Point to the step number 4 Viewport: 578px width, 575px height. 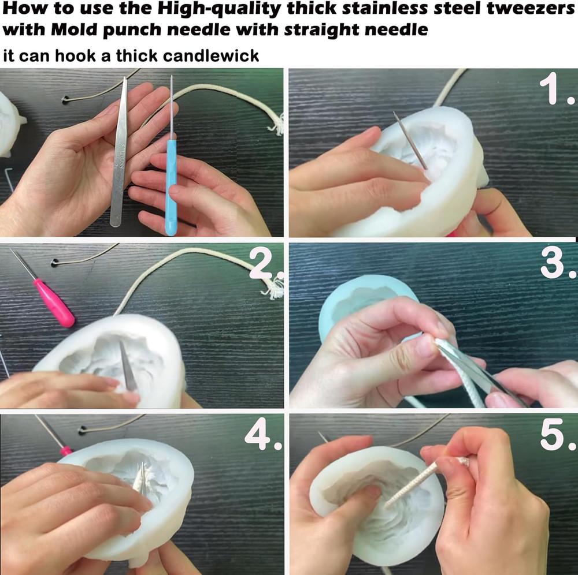click(263, 436)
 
